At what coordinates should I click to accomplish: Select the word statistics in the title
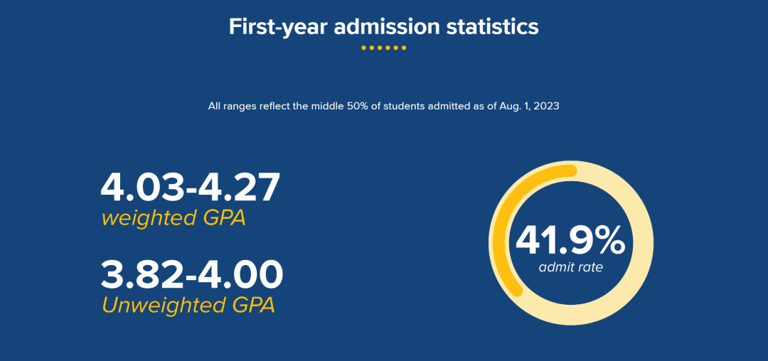click(x=492, y=27)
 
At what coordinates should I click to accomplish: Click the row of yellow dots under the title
click(x=383, y=48)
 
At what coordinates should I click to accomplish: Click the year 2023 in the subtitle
click(x=546, y=107)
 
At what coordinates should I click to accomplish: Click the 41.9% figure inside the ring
click(x=570, y=240)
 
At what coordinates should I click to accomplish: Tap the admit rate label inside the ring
click(x=570, y=267)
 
